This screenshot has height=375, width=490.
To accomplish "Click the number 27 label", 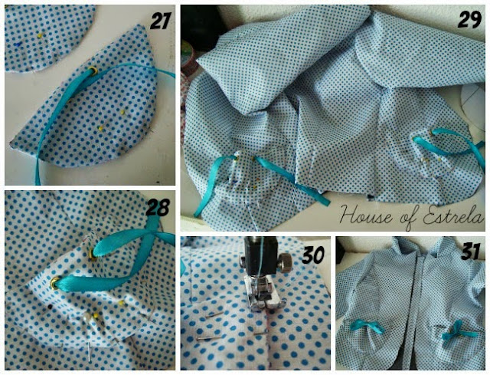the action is (160, 21).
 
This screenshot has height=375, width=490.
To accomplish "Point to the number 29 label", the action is (469, 20).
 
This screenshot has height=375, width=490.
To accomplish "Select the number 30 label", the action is (313, 255).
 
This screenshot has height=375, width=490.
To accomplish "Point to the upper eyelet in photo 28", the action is (93, 254).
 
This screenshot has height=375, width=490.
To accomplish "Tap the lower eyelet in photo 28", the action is (55, 283).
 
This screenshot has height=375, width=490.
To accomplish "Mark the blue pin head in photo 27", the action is (16, 45).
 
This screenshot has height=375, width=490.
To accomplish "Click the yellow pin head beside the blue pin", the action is (40, 36).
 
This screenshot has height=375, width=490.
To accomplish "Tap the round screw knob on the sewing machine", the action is (284, 261).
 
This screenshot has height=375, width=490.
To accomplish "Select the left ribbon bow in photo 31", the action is (367, 327).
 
